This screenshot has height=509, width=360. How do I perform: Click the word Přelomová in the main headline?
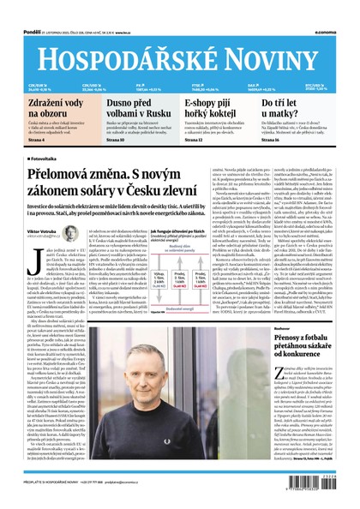point(68,174)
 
